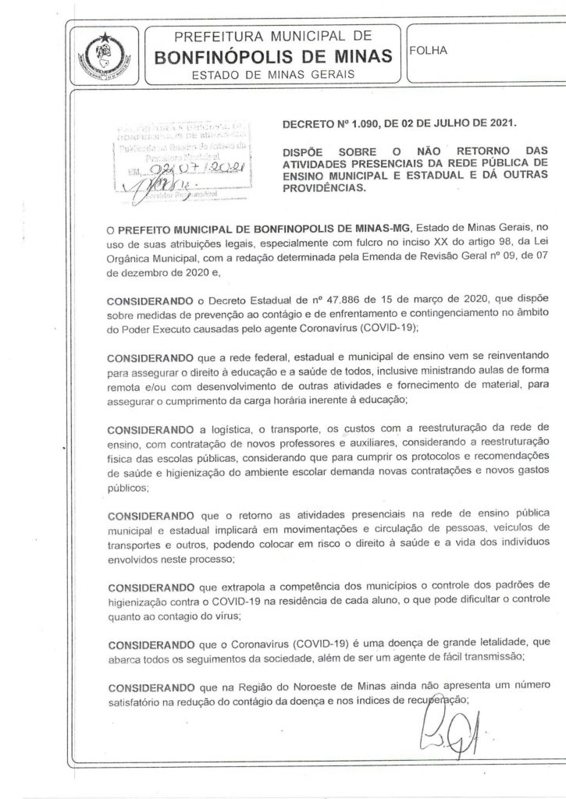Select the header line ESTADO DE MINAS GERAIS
(x=273, y=74)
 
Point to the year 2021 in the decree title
(x=499, y=123)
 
